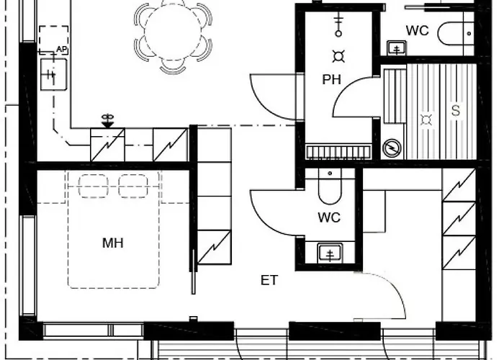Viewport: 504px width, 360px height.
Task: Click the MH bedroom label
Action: click(x=113, y=243)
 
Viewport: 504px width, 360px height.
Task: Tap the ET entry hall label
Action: click(x=269, y=280)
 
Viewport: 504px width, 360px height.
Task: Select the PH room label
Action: click(x=331, y=80)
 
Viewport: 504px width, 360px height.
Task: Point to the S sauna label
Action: click(x=456, y=111)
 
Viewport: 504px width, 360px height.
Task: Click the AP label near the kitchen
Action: click(x=61, y=50)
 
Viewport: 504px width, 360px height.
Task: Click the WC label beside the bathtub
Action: click(x=417, y=31)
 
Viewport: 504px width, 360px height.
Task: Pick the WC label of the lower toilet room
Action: click(x=329, y=217)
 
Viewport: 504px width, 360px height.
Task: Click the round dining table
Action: click(x=173, y=32)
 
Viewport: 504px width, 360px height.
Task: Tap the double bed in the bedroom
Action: click(x=114, y=229)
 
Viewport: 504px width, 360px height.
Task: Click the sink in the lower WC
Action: click(x=330, y=253)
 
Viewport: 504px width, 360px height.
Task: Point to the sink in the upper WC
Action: click(x=397, y=48)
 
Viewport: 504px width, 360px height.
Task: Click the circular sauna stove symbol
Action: click(x=392, y=148)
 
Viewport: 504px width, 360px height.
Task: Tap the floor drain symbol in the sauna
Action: click(x=426, y=120)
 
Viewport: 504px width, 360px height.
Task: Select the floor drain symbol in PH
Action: click(x=338, y=57)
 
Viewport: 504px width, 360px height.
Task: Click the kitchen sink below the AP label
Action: click(x=54, y=74)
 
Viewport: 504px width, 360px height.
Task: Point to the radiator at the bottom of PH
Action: click(x=338, y=152)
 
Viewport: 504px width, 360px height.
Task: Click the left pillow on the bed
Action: click(x=93, y=186)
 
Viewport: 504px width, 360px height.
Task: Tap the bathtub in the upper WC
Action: click(x=456, y=33)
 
